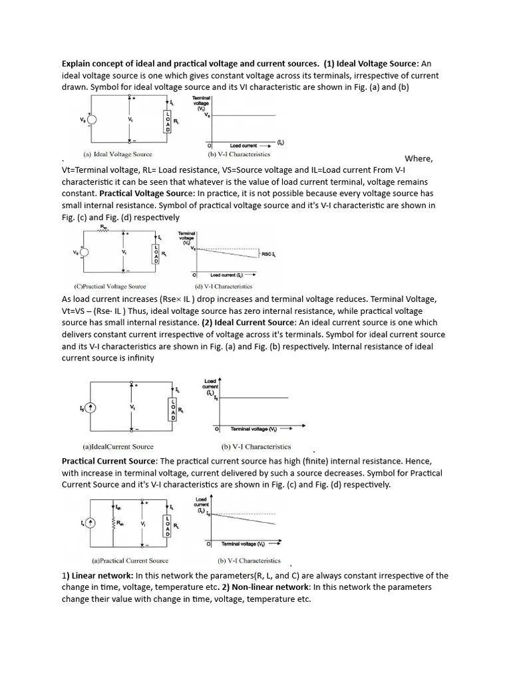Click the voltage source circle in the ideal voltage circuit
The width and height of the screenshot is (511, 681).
(x=90, y=120)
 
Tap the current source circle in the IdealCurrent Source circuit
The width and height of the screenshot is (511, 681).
(x=91, y=407)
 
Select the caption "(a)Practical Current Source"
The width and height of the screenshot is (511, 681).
(x=130, y=561)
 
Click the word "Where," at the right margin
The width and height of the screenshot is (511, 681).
(x=419, y=158)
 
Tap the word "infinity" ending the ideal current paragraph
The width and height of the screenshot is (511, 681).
(x=136, y=358)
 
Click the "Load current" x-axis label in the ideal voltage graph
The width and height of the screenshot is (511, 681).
(x=246, y=145)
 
